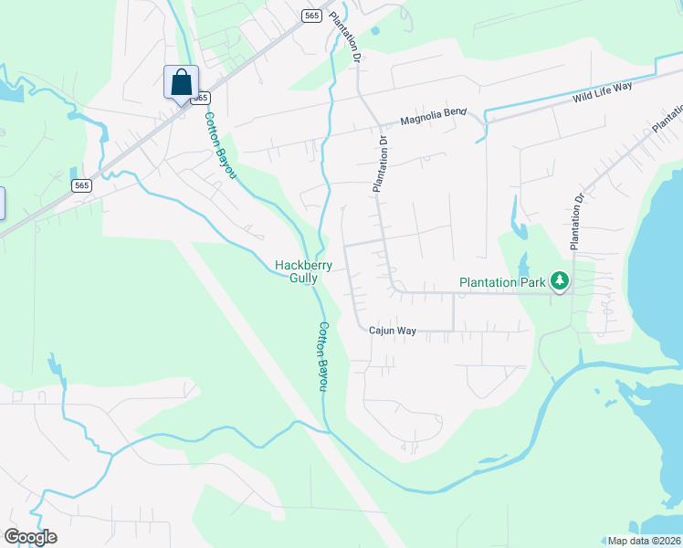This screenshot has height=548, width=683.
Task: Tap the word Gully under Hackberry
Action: click(x=304, y=278)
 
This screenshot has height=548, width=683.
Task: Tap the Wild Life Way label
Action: click(x=603, y=90)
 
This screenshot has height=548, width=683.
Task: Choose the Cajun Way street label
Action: click(x=393, y=331)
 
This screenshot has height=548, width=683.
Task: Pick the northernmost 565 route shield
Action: click(x=311, y=16)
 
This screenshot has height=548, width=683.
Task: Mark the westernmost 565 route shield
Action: click(x=81, y=185)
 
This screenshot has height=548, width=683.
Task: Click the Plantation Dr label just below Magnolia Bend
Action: click(x=381, y=165)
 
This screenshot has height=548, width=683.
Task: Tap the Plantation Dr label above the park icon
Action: click(x=576, y=222)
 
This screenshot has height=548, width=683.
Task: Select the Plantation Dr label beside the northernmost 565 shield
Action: click(x=344, y=37)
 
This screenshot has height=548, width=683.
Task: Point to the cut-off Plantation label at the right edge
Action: click(x=667, y=115)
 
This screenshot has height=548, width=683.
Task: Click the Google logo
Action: click(x=30, y=537)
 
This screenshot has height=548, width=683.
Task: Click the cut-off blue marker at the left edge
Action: click(x=3, y=203)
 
